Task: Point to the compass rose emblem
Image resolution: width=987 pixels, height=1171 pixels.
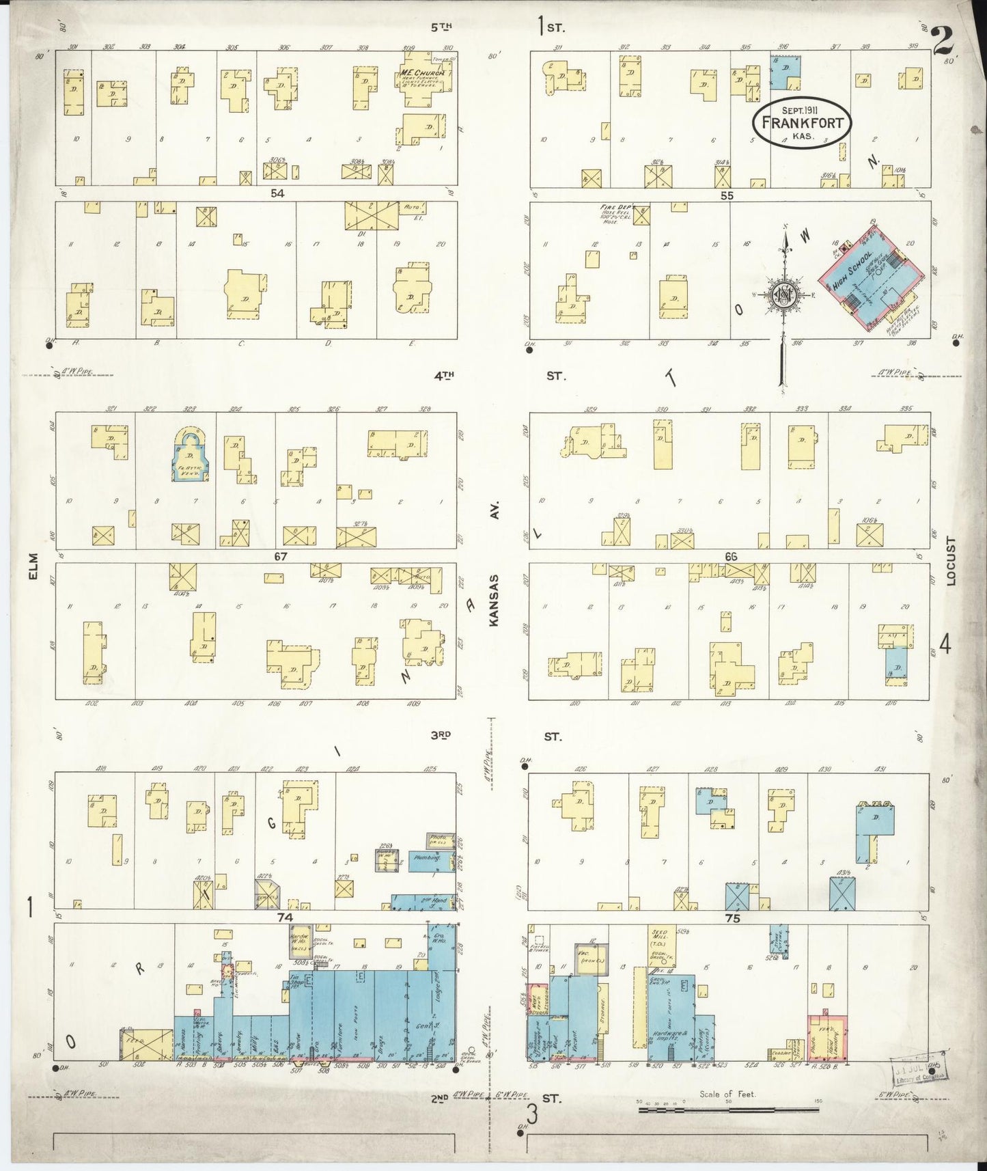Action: click(x=783, y=295)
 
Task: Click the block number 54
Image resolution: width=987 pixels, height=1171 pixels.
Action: click(x=277, y=193)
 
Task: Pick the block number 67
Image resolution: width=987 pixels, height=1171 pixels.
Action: click(x=280, y=557)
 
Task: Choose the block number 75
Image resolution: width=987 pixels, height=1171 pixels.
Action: click(x=732, y=919)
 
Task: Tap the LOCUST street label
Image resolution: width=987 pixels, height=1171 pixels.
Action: click(x=951, y=561)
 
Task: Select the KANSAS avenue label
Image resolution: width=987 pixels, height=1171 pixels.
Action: click(x=495, y=599)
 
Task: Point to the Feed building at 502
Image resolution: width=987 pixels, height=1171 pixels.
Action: click(x=147, y=1046)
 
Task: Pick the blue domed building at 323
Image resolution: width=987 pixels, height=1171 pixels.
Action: click(x=189, y=456)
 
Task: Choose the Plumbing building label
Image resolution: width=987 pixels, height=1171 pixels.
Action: click(x=428, y=859)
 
